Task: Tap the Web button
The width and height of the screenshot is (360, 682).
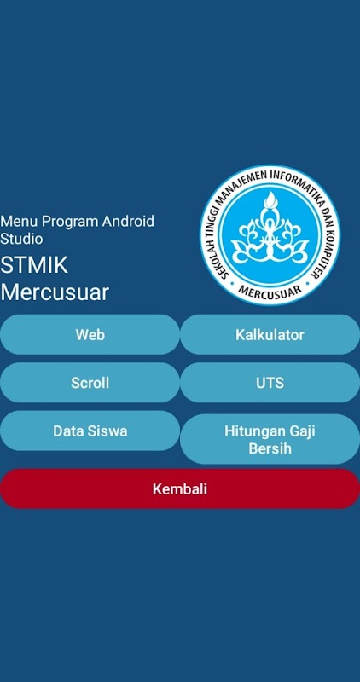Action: (90, 334)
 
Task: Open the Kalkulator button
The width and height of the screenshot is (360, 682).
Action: (270, 334)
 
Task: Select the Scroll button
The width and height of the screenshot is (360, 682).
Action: (90, 383)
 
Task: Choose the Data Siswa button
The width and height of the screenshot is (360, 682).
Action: (90, 431)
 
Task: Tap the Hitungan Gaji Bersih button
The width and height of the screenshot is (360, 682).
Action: (270, 439)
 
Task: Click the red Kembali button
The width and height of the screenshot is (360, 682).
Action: (180, 488)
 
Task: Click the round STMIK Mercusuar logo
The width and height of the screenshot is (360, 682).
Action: (270, 235)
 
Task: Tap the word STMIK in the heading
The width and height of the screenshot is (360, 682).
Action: (34, 265)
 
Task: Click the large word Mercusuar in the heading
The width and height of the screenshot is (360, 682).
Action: (55, 292)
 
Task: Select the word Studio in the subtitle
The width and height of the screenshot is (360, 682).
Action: (21, 239)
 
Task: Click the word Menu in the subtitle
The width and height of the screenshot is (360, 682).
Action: (19, 222)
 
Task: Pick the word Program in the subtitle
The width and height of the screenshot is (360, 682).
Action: (70, 223)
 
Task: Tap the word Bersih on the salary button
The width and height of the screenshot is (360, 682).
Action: (270, 448)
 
